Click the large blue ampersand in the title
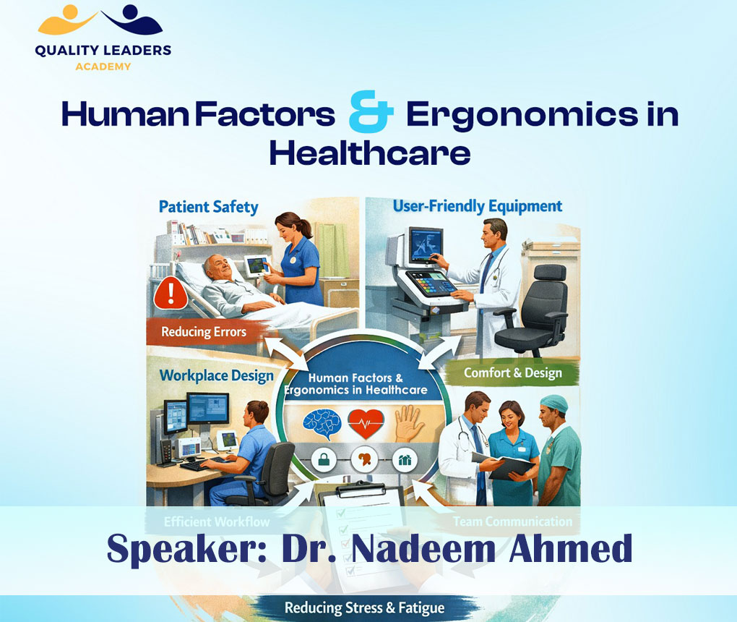(x=371, y=116)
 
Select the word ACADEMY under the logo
(x=103, y=67)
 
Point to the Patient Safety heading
(x=209, y=207)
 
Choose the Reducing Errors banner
(x=204, y=333)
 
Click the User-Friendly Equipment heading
(x=477, y=206)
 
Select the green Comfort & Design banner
(x=512, y=373)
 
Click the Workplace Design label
(x=216, y=375)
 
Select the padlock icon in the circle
(x=321, y=460)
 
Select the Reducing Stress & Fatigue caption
(x=364, y=607)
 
